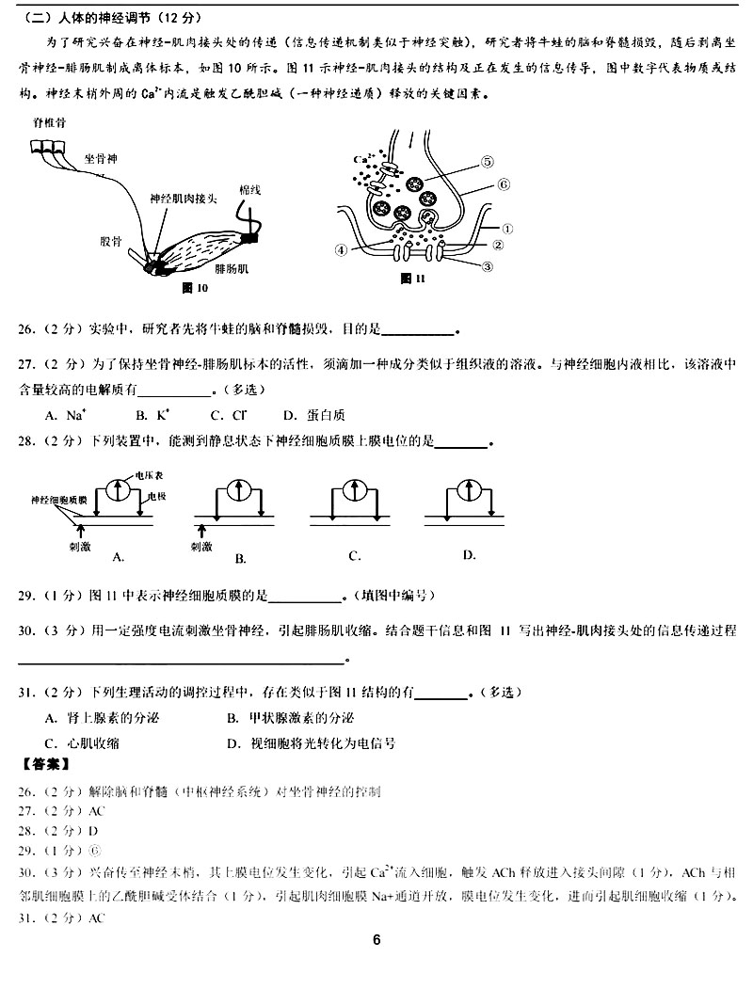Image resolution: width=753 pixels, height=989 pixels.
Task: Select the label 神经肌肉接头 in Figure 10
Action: (x=184, y=199)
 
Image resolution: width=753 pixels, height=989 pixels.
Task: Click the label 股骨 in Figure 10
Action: (x=111, y=240)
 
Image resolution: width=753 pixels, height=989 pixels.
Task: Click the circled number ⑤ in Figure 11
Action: (x=487, y=161)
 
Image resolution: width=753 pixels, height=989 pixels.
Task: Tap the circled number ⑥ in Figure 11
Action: (x=504, y=184)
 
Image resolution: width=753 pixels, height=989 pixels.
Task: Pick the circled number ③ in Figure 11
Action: (x=488, y=266)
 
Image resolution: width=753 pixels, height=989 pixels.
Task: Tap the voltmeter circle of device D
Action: (x=469, y=490)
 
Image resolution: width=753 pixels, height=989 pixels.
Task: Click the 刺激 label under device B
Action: (x=200, y=545)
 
